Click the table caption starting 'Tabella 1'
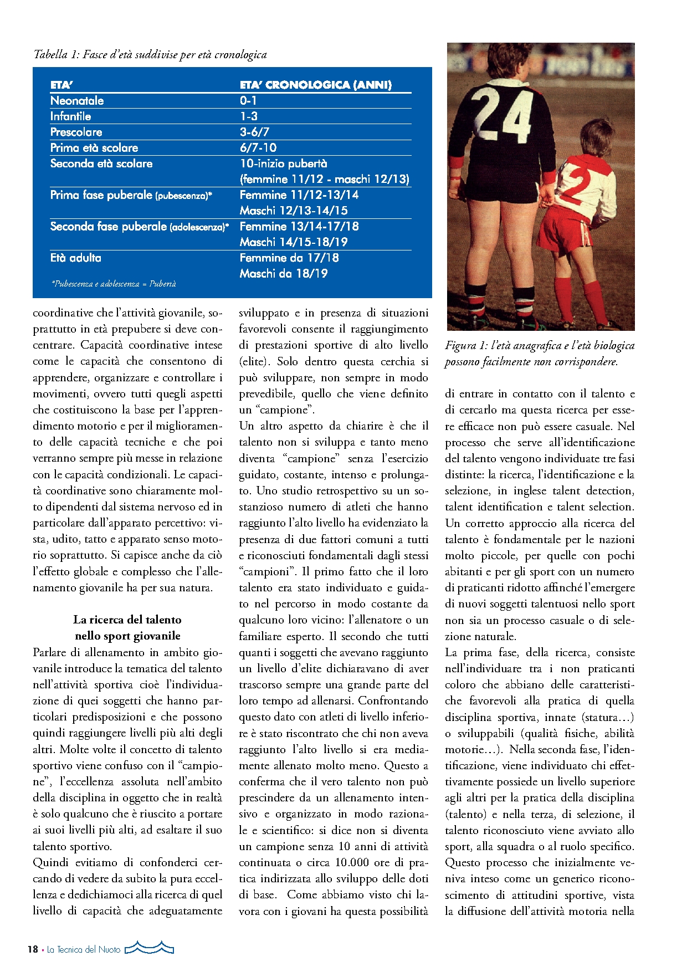click(150, 54)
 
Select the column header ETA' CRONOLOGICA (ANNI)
click(316, 85)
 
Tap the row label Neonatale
click(77, 101)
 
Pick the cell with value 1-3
click(249, 116)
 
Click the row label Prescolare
click(76, 132)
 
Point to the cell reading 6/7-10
click(258, 148)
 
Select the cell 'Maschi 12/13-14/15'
click(294, 211)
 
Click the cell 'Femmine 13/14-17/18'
click(299, 226)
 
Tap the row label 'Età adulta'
click(76, 258)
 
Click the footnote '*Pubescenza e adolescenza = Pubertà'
click(114, 284)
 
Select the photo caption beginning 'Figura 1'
click(540, 354)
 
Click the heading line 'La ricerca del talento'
click(127, 620)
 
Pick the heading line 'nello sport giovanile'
click(127, 636)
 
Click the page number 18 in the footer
click(33, 949)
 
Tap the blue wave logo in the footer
click(150, 948)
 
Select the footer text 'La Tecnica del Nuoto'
click(84, 949)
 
